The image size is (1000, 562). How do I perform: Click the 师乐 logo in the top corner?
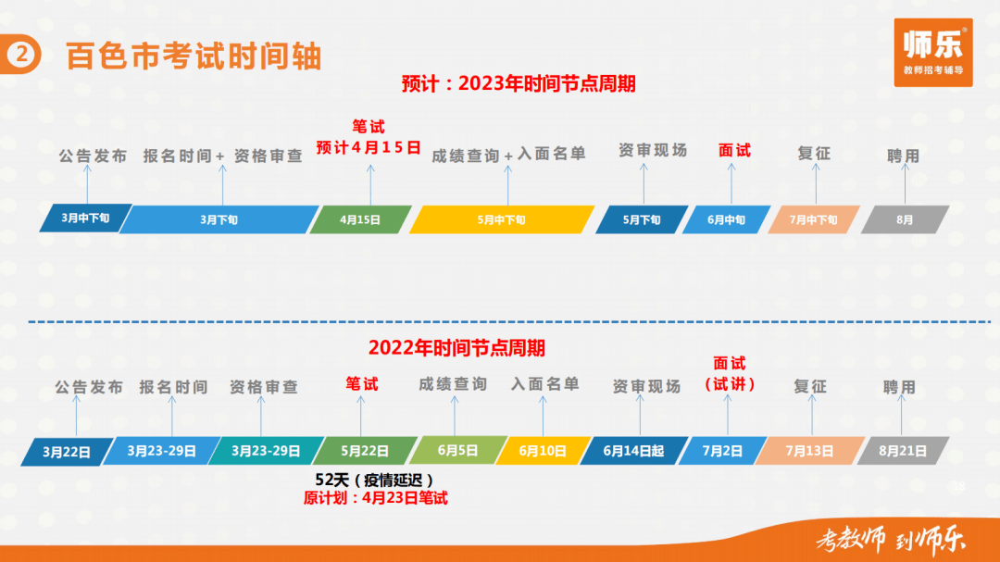pos(933,52)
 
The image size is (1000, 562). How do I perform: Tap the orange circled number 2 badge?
pos(20,55)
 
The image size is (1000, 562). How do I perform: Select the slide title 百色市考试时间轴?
pos(194,56)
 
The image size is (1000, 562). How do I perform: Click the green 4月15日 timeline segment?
pos(360,219)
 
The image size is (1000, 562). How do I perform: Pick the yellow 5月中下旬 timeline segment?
pos(501,219)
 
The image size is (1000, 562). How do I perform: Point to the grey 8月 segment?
pos(905,219)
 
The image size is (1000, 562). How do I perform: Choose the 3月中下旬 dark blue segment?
pos(85,219)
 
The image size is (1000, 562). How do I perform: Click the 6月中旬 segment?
pos(727,219)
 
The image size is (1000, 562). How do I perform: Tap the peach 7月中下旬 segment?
pos(814,219)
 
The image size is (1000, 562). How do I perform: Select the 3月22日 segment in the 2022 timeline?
pos(67,452)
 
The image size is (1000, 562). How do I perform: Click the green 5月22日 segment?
pos(366,451)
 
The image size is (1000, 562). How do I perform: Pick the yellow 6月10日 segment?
pos(544,451)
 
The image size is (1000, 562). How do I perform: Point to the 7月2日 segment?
pos(722,451)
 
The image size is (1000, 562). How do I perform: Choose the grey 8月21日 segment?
pos(903,451)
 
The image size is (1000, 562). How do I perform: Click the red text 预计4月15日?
pos(369,148)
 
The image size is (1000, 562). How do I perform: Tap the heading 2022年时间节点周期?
pos(456,347)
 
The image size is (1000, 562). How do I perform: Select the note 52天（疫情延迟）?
pos(374,480)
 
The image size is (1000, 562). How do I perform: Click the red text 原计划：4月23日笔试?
pos(376,497)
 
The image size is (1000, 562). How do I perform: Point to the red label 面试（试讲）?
pos(730,374)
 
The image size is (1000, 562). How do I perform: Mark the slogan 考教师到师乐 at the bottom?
pos(891,540)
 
